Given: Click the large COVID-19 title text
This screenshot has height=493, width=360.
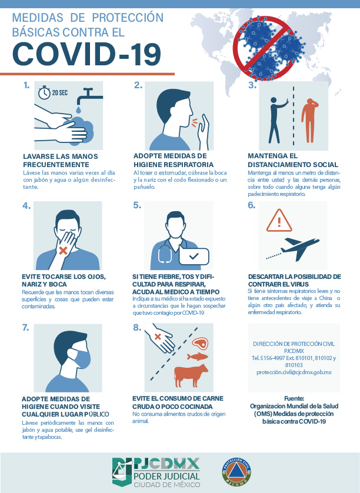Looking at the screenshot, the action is point(87,54).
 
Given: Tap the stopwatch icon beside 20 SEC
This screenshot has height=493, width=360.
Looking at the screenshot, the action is point(44,92).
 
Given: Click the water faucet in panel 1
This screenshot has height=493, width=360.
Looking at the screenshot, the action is point(89,96).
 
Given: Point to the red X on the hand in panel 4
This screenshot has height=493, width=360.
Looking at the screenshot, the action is point(63,251).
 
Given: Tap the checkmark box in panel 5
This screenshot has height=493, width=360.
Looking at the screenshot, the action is point(194,257).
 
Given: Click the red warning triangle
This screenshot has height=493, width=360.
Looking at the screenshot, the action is point(279,221).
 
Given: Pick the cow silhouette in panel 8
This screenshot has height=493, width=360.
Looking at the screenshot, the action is point(191,375).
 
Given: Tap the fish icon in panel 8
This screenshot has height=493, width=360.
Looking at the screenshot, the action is point(198,357).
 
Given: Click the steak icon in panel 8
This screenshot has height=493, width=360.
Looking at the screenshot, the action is point(200,343).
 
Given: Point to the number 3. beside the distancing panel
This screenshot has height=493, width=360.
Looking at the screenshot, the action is point(252,85).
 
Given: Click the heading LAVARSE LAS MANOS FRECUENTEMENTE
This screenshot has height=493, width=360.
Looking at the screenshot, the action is point(61,161).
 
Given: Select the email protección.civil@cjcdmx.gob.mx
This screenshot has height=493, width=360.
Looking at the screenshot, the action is point(294,372).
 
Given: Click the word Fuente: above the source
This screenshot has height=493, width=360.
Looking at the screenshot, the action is point(294,398).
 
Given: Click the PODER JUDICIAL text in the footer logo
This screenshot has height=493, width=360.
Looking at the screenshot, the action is point(166,476).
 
